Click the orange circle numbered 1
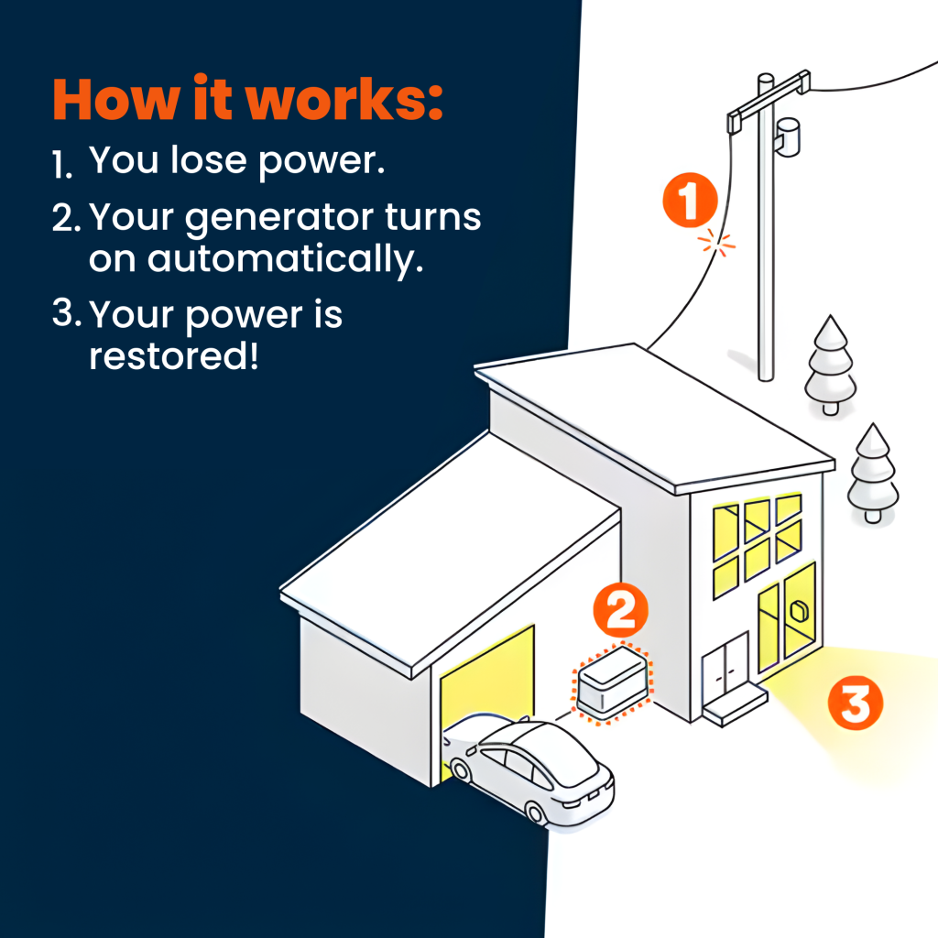pos(690,201)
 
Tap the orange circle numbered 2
pos(620,610)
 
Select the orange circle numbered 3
pos(856,703)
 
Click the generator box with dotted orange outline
pos(612,682)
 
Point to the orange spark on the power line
pos(716,242)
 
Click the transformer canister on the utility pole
pos(787,137)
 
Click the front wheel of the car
pos(534,813)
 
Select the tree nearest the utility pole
pos(830,365)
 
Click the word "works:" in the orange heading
pos(344,99)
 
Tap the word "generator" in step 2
pos(280,219)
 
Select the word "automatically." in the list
pos(286,260)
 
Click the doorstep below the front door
pos(736,706)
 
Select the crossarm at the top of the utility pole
pos(769,102)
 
